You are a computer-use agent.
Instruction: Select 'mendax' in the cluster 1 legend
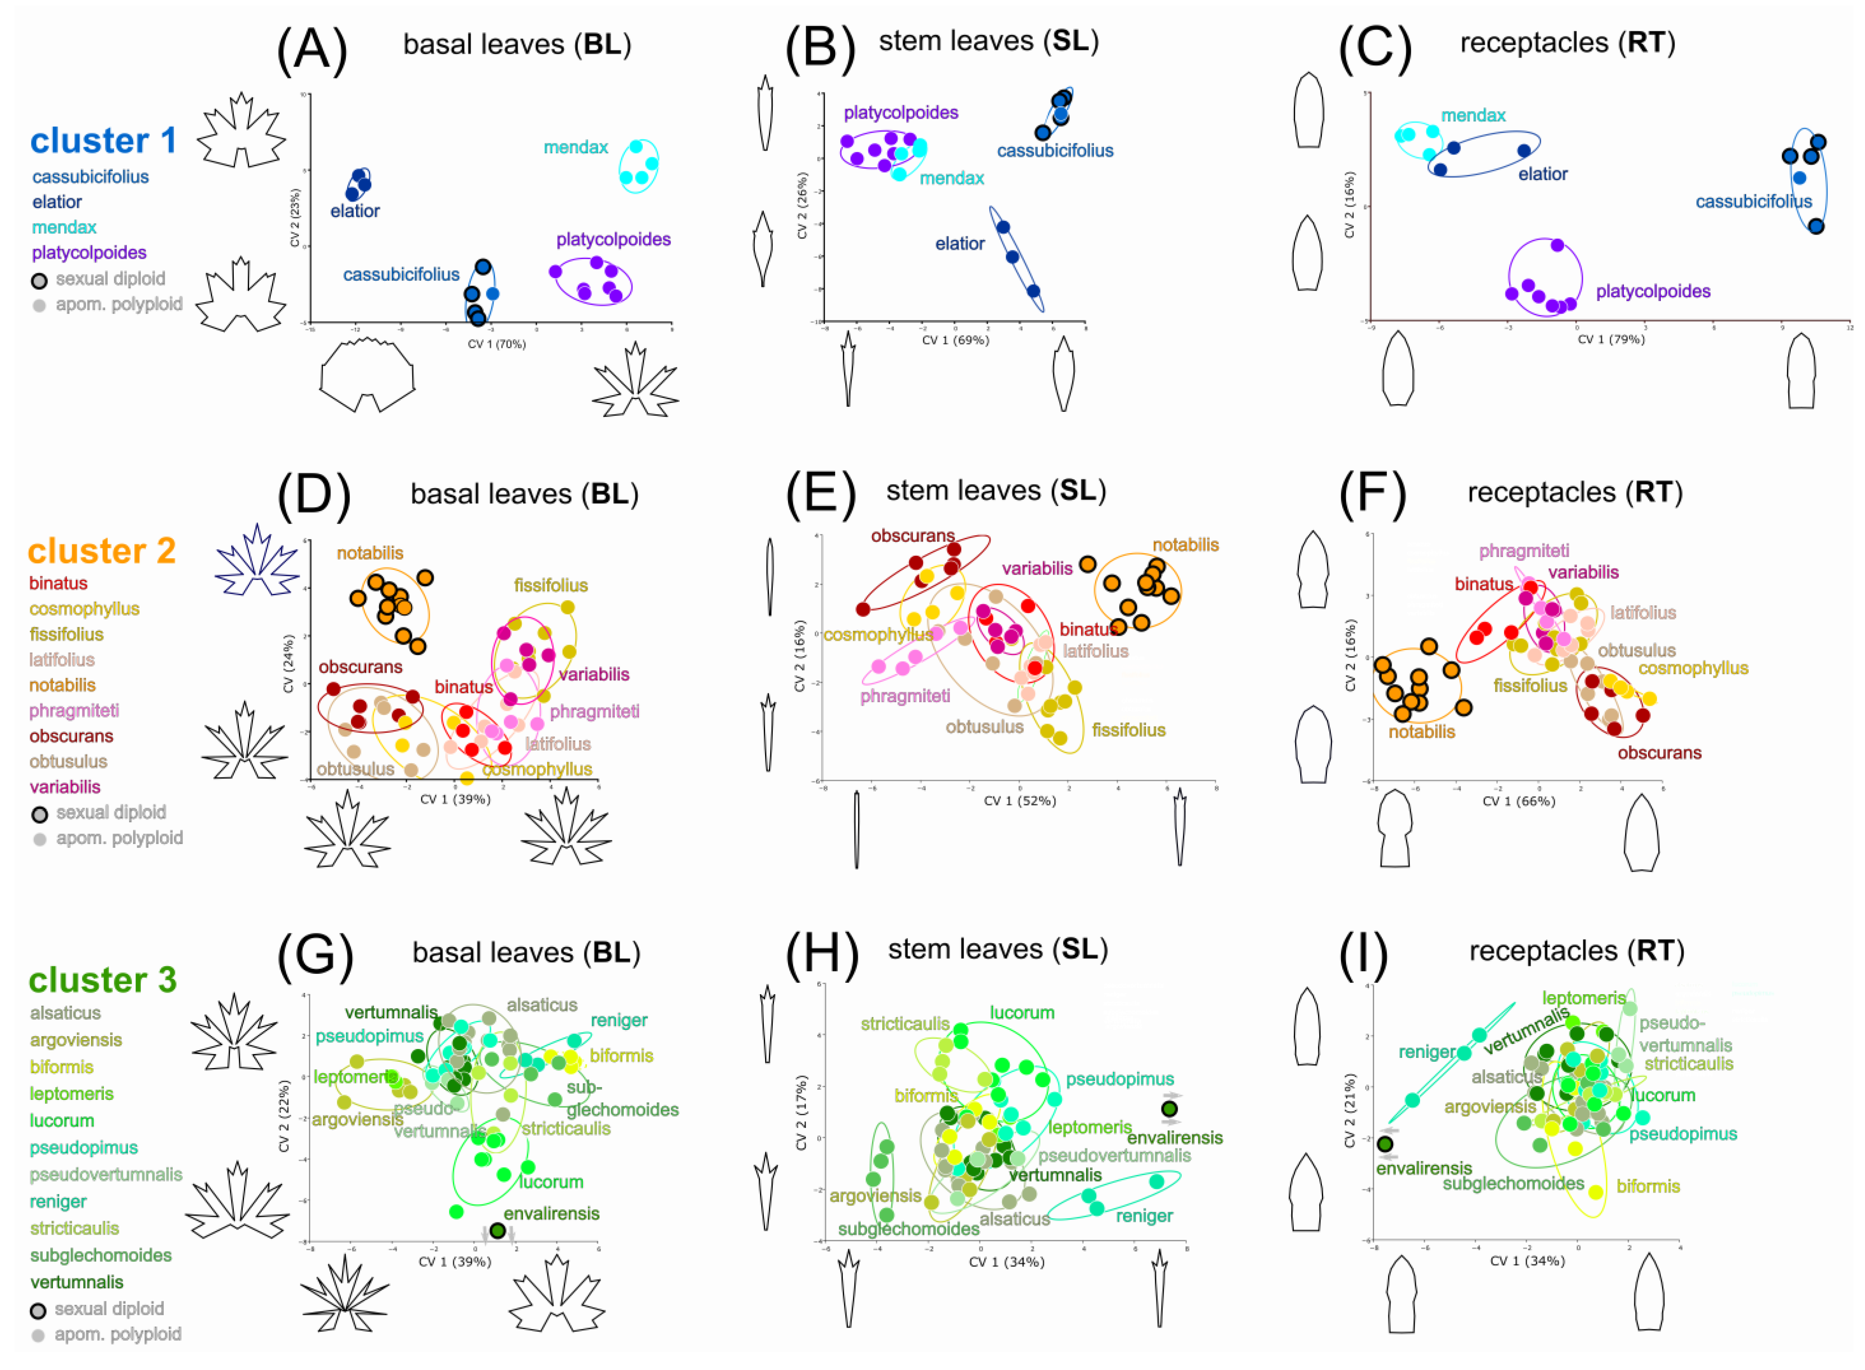pos(64,227)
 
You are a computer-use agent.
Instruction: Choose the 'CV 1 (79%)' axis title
pos(1610,339)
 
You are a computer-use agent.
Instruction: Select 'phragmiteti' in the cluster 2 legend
pos(74,711)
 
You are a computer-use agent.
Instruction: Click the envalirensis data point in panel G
pos(497,1231)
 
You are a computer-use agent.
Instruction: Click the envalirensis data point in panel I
pos(1385,1144)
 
